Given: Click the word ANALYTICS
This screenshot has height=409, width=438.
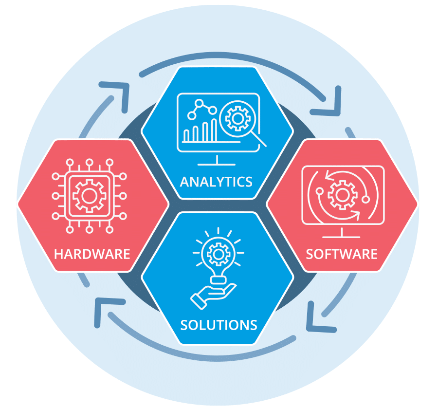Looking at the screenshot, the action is (x=216, y=182).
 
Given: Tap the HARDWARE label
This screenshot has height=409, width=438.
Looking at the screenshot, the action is (x=92, y=254).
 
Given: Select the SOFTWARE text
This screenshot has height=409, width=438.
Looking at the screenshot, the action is (x=342, y=254).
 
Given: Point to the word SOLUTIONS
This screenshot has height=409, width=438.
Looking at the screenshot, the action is (x=219, y=325).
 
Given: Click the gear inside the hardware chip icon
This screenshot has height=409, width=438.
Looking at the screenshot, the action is (x=89, y=196).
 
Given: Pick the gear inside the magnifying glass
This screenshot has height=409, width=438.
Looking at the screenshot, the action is (x=237, y=119).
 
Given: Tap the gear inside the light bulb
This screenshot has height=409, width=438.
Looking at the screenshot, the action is (x=219, y=254).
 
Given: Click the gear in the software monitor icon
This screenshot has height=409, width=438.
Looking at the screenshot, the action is (x=343, y=195).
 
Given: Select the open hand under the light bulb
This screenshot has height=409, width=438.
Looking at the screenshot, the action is (x=213, y=296).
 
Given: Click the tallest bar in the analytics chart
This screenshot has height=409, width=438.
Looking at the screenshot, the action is (x=214, y=130).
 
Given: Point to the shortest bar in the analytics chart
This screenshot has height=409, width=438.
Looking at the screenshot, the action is (x=186, y=135).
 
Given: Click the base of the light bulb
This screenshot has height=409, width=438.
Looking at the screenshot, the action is (x=218, y=280).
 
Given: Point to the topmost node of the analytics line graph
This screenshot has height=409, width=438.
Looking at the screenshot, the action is (x=199, y=103).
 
